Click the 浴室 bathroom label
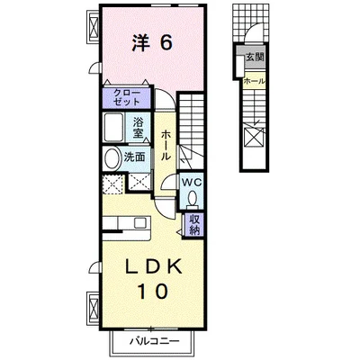pos(139,127)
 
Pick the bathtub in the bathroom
pos(115,127)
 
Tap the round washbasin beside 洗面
pos(112,157)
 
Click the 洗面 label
pos(134,157)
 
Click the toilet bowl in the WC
pos(192,198)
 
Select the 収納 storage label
pos(194,222)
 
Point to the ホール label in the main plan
pos(166,144)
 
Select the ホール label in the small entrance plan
pos(254,81)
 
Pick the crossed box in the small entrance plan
pos(254,138)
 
